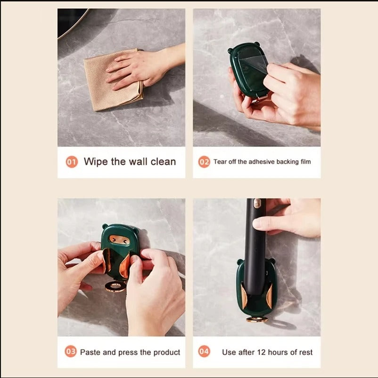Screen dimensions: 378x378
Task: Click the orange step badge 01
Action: pyautogui.click(x=72, y=162)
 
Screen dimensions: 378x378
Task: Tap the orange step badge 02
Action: pyautogui.click(x=204, y=162)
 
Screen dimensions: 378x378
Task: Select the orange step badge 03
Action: pyautogui.click(x=71, y=352)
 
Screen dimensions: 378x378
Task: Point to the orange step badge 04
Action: pyautogui.click(x=204, y=352)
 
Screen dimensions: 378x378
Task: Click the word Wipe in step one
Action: pyautogui.click(x=96, y=162)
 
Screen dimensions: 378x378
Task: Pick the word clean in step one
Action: pyautogui.click(x=163, y=162)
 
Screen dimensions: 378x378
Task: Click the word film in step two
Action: pyautogui.click(x=306, y=162)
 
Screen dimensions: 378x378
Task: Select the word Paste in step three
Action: pyautogui.click(x=90, y=352)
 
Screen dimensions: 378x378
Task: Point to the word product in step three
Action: pyautogui.click(x=167, y=353)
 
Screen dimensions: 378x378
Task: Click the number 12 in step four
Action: pyautogui.click(x=261, y=352)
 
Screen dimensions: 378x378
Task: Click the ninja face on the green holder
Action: pyautogui.click(x=119, y=240)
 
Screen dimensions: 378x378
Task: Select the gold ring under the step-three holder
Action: pyautogui.click(x=115, y=286)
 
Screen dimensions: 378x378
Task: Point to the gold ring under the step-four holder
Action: pyautogui.click(x=257, y=319)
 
